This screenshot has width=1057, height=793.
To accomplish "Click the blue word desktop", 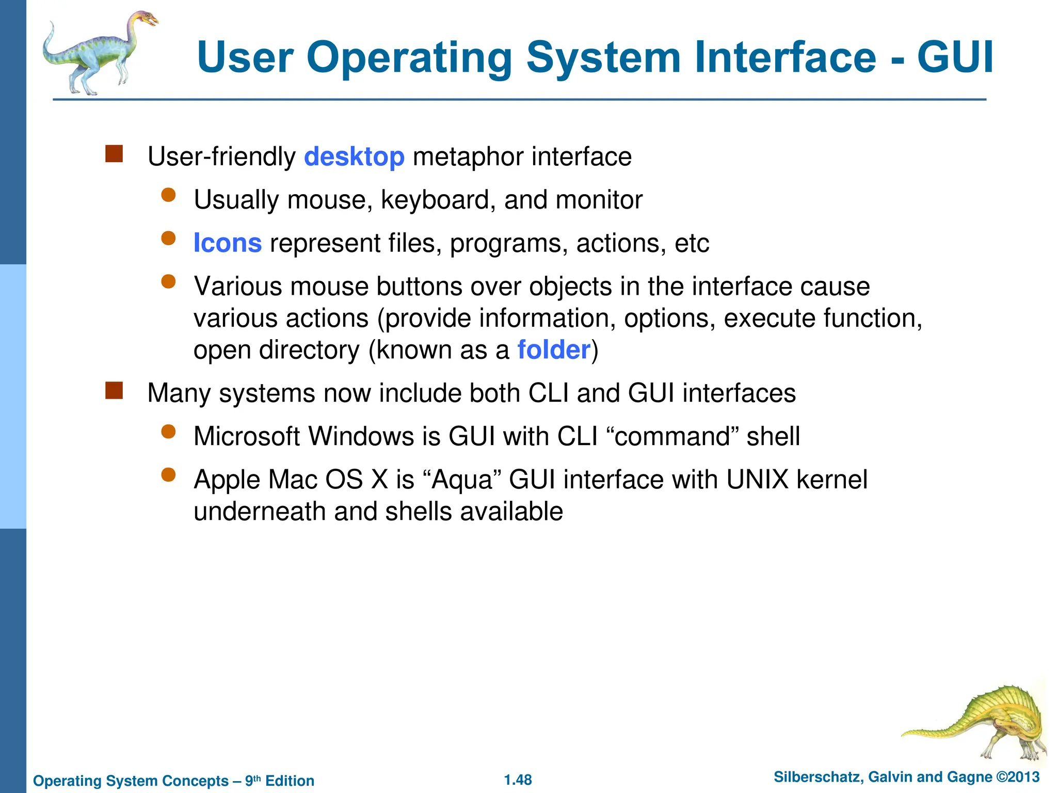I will (x=354, y=157).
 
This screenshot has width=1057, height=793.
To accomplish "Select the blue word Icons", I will (x=228, y=243).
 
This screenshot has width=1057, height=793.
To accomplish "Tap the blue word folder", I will (x=554, y=350).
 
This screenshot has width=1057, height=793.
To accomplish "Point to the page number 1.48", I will (x=518, y=780).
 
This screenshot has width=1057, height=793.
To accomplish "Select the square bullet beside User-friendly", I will (x=114, y=154).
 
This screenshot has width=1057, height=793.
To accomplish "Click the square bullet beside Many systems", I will (x=114, y=390).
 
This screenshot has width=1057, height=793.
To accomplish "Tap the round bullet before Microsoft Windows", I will (x=168, y=432).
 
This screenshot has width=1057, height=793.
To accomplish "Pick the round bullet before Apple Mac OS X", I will (x=168, y=475).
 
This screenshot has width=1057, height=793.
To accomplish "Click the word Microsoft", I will (x=251, y=436).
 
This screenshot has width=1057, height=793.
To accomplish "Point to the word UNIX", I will (x=757, y=480).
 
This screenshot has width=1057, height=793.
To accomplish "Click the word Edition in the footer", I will (x=290, y=781).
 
